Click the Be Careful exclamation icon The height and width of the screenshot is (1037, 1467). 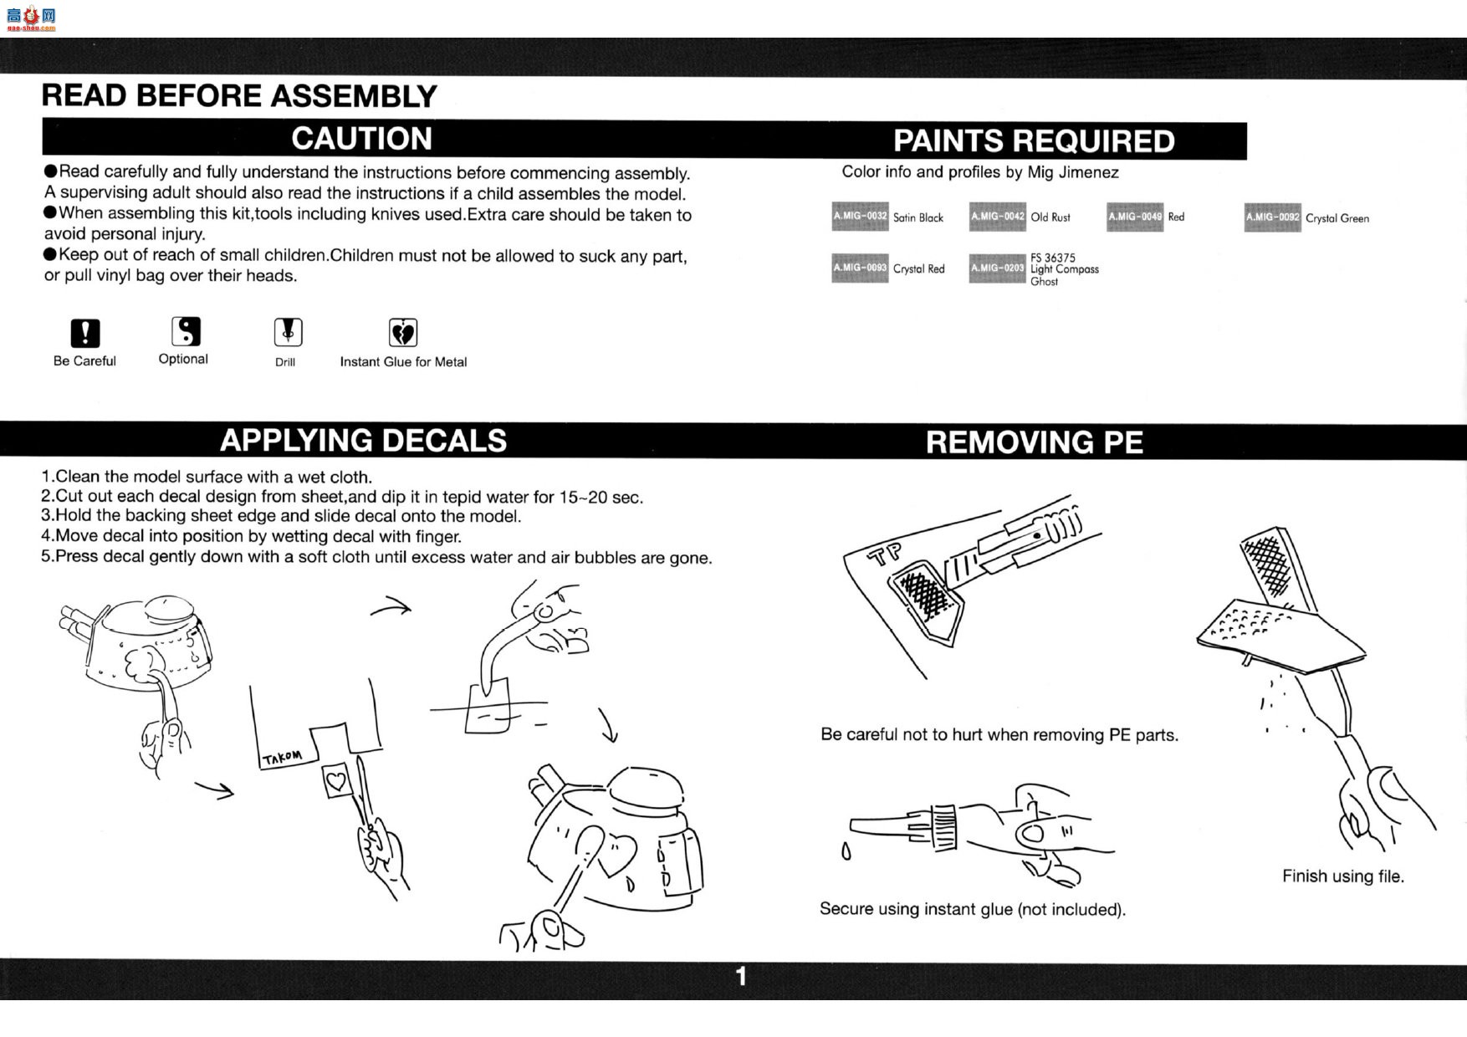pos(84,333)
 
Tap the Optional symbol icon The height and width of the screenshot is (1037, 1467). pos(186,331)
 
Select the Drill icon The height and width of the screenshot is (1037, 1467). pos(288,332)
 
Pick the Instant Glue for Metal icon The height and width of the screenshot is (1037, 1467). pos(403,333)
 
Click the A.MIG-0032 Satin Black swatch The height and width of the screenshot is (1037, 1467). pos(860,217)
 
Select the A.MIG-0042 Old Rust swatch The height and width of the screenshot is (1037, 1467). pos(997,217)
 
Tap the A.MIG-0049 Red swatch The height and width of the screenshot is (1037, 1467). pos(1135,217)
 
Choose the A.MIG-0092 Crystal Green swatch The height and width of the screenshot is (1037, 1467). pos(1272,217)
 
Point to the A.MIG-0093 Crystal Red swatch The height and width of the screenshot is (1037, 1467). pos(860,268)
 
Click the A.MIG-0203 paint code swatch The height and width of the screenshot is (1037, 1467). pos(997,268)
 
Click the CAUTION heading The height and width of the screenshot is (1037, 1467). pos(361,139)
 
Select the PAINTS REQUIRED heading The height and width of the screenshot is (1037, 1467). pos(1034,141)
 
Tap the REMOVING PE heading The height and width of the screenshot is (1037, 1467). pos(1034,442)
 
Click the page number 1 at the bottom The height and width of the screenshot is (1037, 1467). pos(740,976)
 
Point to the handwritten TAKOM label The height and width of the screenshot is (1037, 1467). pos(282,757)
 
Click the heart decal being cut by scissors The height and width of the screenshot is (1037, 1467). pos(335,782)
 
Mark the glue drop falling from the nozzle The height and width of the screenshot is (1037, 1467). pos(846,851)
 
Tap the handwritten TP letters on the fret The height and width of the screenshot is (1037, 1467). pos(887,553)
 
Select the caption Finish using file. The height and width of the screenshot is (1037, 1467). pos(1342,876)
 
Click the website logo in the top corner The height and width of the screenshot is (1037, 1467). pos(31,18)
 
